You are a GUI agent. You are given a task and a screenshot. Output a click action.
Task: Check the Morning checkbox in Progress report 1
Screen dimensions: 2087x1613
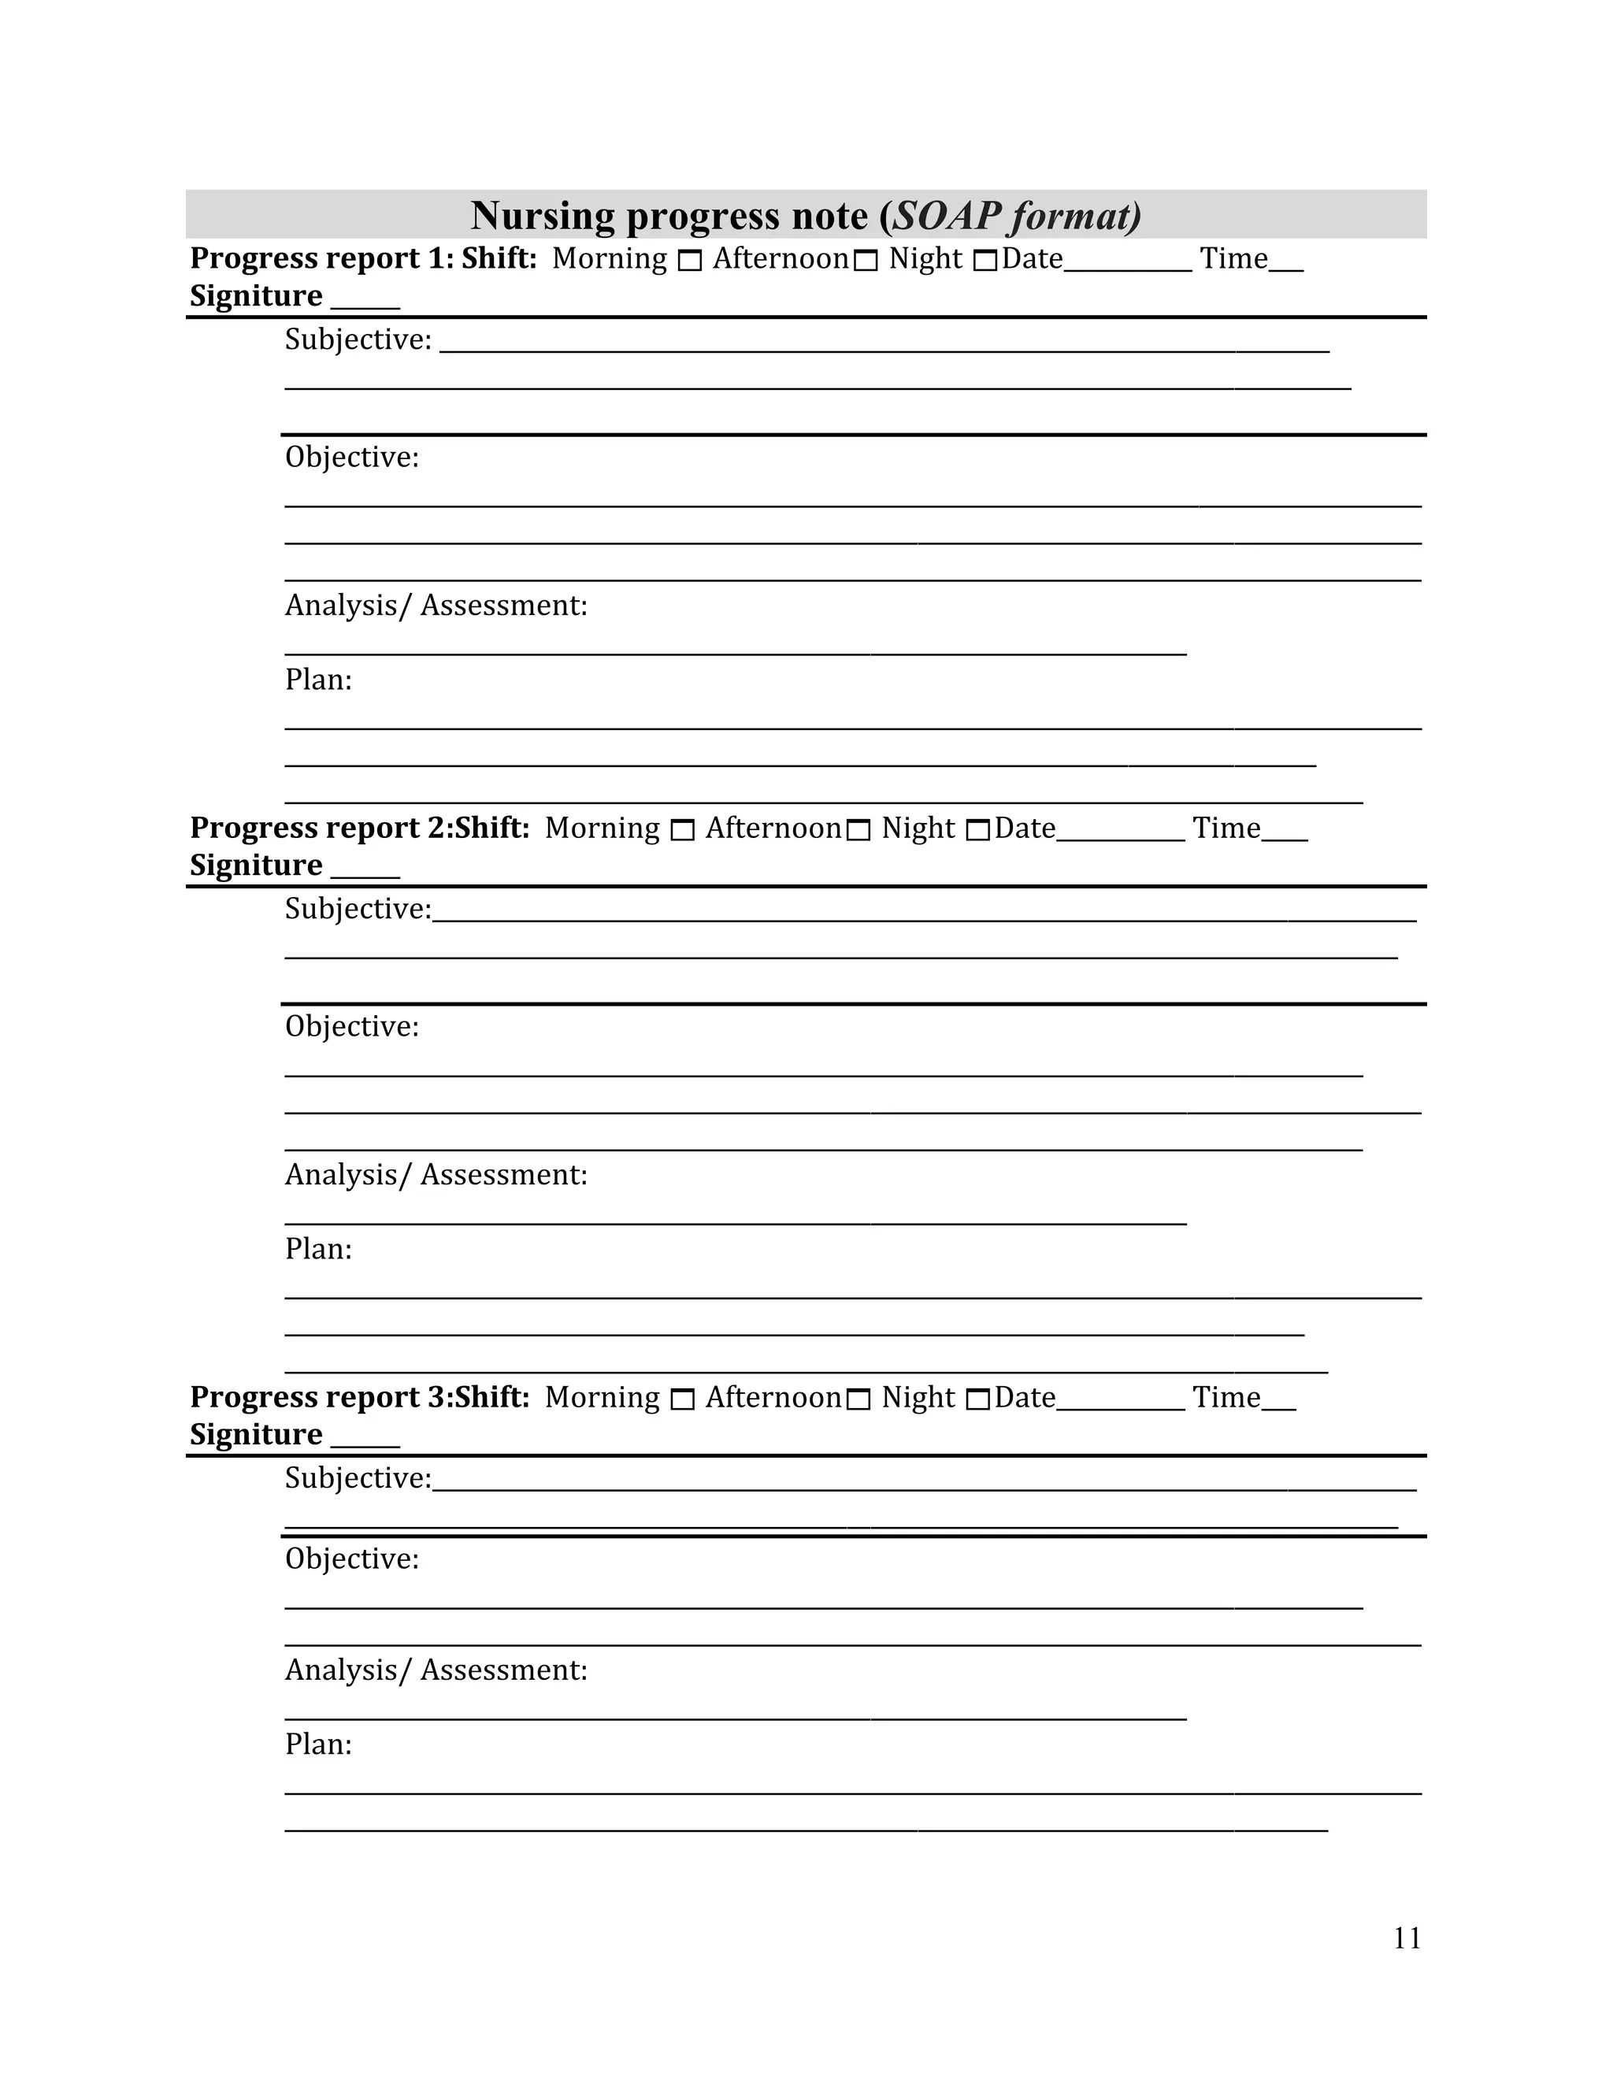click(x=690, y=261)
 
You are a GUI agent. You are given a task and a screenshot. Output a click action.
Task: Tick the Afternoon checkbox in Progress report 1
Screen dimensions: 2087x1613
click(x=866, y=261)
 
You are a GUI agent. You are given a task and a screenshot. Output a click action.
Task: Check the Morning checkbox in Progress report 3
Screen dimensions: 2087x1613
click(x=682, y=1400)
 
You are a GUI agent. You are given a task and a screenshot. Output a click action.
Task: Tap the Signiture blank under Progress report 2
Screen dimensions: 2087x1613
click(x=365, y=872)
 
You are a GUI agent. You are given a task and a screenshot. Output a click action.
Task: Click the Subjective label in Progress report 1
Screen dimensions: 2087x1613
click(x=358, y=340)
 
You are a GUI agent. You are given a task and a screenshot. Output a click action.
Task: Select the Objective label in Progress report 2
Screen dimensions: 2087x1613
click(x=351, y=1026)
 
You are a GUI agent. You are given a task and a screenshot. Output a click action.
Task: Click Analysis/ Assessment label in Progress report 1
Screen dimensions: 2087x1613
click(x=436, y=606)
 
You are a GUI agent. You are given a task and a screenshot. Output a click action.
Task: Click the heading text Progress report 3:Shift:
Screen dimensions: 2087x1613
click(x=359, y=1397)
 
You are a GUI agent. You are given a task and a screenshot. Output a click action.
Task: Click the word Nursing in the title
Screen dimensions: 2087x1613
click(x=542, y=216)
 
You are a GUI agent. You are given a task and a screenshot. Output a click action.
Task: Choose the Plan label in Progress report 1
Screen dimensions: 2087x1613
click(x=318, y=680)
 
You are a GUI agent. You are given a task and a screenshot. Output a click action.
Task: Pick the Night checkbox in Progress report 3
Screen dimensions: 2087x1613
click(x=977, y=1400)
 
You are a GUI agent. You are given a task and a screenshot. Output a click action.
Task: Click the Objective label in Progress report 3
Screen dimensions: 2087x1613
click(x=351, y=1559)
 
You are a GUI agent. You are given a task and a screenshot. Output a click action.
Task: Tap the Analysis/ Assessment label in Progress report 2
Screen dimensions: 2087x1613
click(x=436, y=1174)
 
